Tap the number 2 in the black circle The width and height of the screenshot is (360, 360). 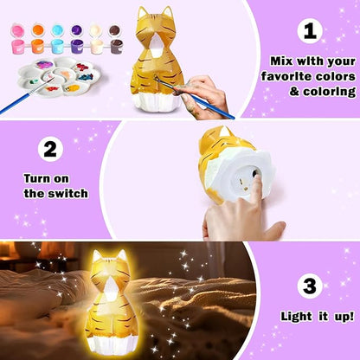point(52,149)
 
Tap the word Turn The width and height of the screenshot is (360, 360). point(37,178)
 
